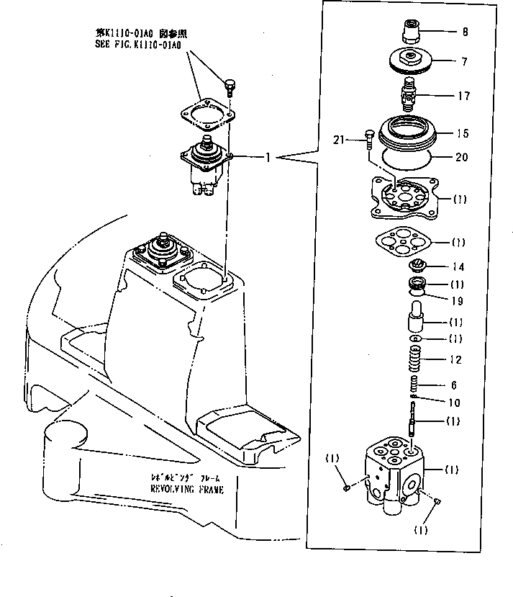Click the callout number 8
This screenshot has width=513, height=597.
(x=464, y=32)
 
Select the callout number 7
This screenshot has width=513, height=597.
(x=464, y=62)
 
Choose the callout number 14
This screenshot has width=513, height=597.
(x=458, y=266)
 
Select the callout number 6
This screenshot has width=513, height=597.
(x=453, y=385)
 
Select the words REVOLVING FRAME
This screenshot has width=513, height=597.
(x=186, y=489)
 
